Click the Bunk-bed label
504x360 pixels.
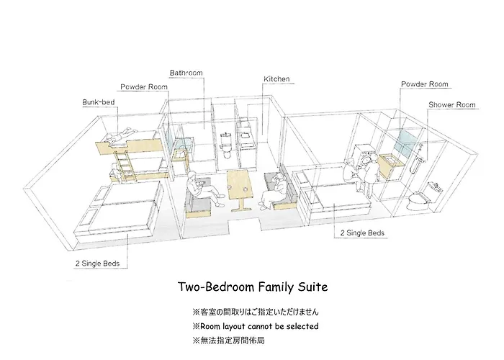[99, 102]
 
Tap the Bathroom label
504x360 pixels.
[186, 73]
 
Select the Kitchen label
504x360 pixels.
[276, 79]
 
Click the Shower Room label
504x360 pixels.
[451, 105]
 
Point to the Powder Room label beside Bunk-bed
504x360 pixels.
[144, 87]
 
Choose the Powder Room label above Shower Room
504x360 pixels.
[424, 84]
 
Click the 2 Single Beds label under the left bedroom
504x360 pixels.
[97, 264]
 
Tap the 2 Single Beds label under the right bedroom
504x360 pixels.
[362, 233]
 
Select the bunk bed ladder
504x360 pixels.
[125, 166]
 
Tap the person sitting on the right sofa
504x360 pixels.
[274, 192]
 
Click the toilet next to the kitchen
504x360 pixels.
[226, 146]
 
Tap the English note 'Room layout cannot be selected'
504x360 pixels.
[259, 327]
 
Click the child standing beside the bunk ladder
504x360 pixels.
[114, 171]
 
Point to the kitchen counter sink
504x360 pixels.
[246, 135]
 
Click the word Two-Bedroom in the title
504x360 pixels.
[216, 287]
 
